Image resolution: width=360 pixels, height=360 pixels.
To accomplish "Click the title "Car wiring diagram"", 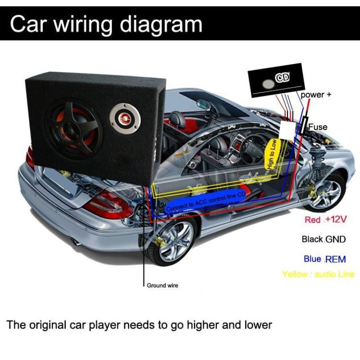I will pos(106,24).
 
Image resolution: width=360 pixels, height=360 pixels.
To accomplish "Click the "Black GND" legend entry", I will pos(324,239).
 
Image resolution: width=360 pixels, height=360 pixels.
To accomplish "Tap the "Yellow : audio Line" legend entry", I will pos(318,274).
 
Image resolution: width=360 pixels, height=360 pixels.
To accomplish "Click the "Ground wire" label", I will pos(162,285).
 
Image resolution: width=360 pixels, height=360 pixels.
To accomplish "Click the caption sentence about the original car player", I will pos(139,324).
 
